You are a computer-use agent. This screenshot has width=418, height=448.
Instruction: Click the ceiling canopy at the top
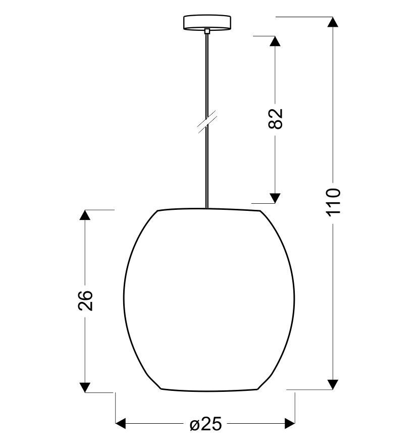(207, 22)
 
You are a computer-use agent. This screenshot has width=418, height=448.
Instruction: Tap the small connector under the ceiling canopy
(207, 31)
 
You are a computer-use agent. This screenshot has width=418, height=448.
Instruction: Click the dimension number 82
(276, 119)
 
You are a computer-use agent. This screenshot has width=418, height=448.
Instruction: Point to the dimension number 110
(333, 201)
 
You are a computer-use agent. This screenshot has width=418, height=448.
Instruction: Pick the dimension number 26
(86, 300)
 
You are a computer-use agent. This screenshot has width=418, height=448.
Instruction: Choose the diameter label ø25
(205, 424)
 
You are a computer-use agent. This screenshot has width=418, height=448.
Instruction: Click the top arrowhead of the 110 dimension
(332, 22)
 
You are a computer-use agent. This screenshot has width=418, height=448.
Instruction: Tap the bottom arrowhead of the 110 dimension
(332, 384)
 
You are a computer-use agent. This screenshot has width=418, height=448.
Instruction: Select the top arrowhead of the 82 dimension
(275, 41)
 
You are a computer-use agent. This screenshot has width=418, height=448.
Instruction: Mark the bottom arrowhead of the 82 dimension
(275, 198)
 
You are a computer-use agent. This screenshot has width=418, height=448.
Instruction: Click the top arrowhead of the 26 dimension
(85, 215)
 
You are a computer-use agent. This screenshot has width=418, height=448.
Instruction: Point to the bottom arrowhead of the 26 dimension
(85, 387)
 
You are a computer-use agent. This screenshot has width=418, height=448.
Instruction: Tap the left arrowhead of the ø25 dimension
(121, 423)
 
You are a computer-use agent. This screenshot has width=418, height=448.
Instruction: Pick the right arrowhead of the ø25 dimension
(290, 423)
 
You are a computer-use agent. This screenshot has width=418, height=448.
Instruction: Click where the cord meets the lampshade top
(207, 208)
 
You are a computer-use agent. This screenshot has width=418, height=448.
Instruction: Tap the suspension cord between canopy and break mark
(207, 76)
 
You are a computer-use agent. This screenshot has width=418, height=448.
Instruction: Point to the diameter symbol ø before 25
(195, 424)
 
